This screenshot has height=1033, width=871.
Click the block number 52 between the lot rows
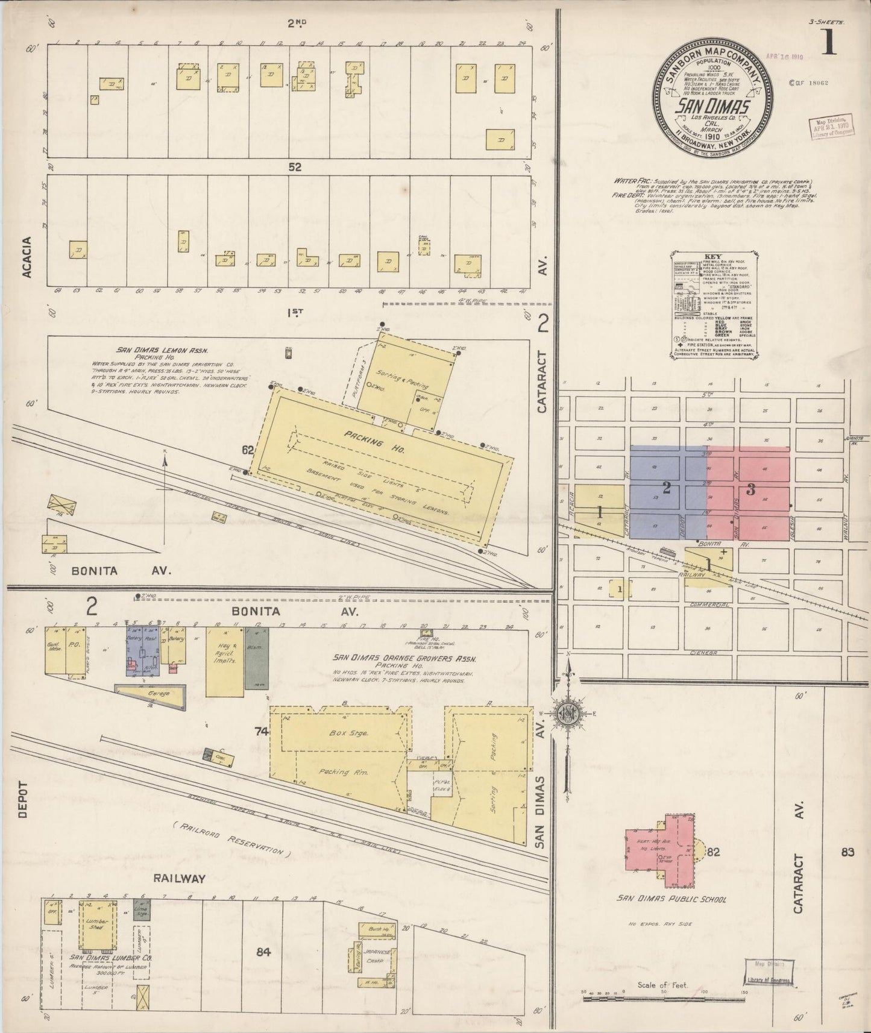[x=294, y=167]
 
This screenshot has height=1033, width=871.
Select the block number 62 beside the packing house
[x=248, y=450]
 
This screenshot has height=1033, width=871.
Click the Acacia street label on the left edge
[x=26, y=257]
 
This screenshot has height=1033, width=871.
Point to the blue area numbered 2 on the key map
[x=667, y=488]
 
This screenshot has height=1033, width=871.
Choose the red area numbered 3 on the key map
[x=750, y=489]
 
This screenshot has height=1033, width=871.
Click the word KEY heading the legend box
[x=703, y=256]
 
